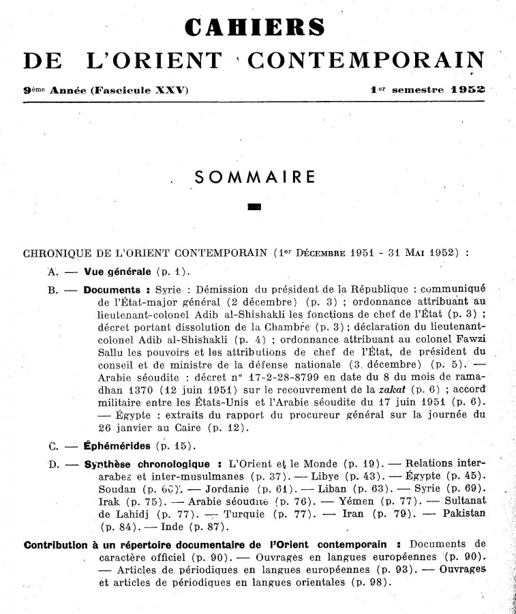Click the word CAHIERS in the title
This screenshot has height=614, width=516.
[255, 27]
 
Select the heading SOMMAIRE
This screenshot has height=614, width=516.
[254, 177]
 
